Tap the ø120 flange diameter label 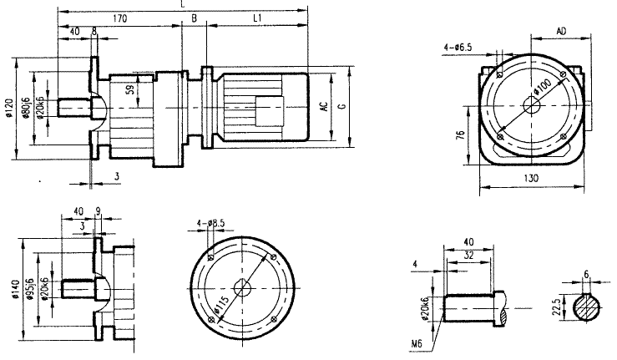pyautogui.click(x=9, y=107)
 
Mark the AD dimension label pyautogui.click(x=563, y=31)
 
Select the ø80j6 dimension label pyautogui.click(x=29, y=107)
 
